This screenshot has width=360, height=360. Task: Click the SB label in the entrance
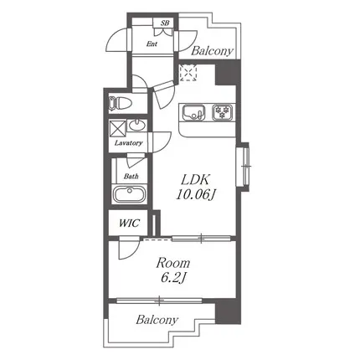(165, 23)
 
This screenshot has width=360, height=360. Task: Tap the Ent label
(152, 44)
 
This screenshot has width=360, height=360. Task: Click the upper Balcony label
(212, 51)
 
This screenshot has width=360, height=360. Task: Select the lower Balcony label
(157, 320)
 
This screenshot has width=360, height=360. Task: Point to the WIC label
(130, 224)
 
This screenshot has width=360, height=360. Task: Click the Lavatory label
(129, 143)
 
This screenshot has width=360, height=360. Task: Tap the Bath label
(131, 177)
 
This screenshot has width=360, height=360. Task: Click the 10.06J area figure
(197, 194)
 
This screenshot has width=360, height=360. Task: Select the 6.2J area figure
(173, 277)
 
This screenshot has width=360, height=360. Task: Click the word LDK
(195, 180)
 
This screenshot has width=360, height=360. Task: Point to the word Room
(173, 263)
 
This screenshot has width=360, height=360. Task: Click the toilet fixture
(121, 103)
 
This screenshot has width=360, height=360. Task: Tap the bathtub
(130, 194)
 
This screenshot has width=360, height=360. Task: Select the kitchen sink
(193, 112)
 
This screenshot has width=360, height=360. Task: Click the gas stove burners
(223, 112)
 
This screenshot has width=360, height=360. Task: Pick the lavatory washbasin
(137, 125)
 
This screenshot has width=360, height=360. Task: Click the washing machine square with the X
(117, 128)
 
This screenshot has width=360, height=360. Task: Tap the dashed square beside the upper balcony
(188, 73)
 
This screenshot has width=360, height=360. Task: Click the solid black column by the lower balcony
(228, 311)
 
